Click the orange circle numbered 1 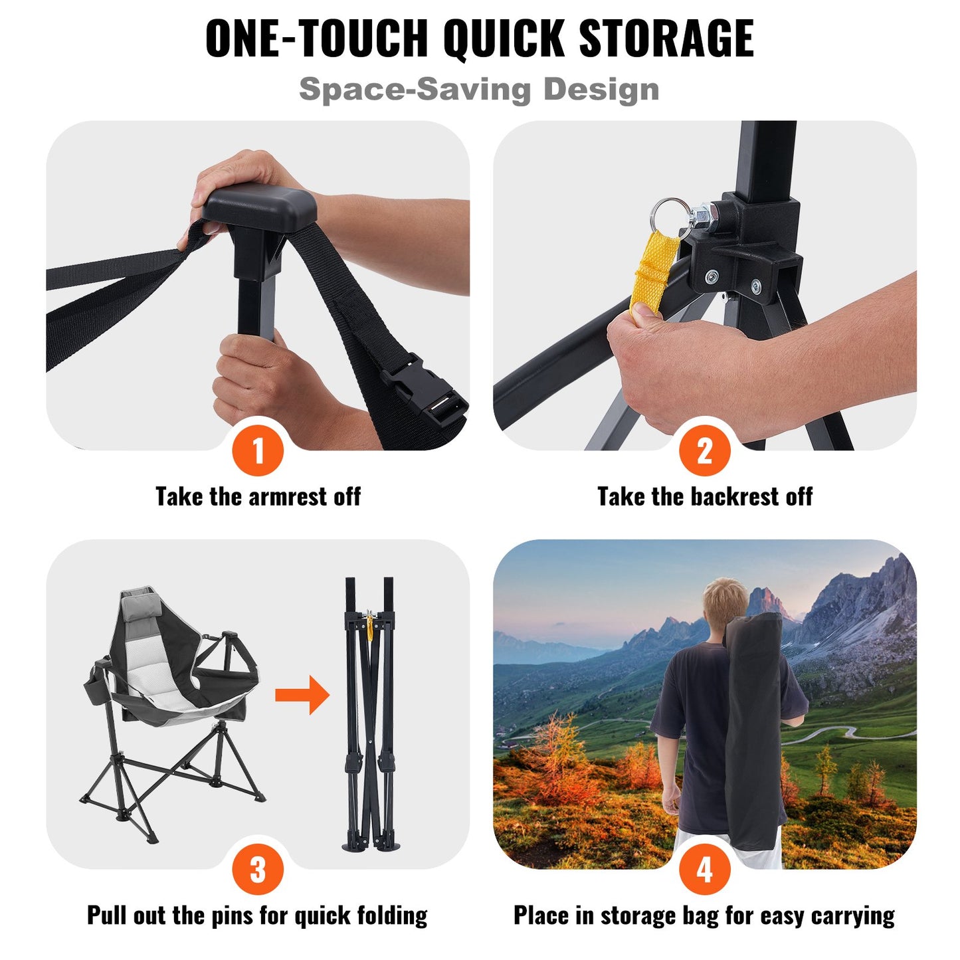pyautogui.click(x=258, y=451)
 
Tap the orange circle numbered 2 pyautogui.click(x=704, y=451)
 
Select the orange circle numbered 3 pyautogui.click(x=258, y=870)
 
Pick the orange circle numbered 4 pyautogui.click(x=704, y=870)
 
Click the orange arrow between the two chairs pyautogui.click(x=302, y=695)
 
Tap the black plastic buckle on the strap pyautogui.click(x=426, y=392)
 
